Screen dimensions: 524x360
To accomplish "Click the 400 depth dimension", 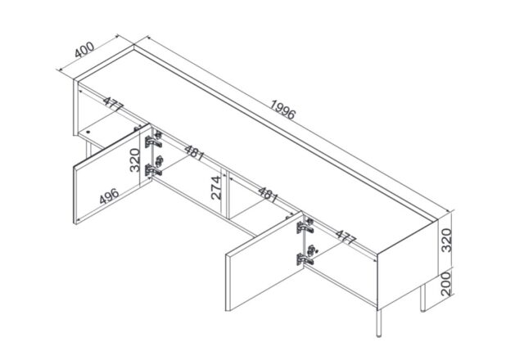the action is click(x=84, y=50).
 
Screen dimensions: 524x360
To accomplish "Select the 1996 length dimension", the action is click(x=282, y=110).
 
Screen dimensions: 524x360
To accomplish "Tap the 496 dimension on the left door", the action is click(x=109, y=196).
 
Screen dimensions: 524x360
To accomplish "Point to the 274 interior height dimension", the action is click(x=216, y=187).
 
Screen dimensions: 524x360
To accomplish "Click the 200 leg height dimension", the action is click(x=445, y=284).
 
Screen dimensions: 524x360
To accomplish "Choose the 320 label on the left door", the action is click(x=134, y=160).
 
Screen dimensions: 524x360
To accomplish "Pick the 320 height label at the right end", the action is click(x=446, y=241).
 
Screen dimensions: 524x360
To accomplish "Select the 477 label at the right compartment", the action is click(x=346, y=237).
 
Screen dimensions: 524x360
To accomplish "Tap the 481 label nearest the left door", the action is click(x=195, y=153).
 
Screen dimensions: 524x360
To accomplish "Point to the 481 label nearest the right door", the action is click(x=268, y=195).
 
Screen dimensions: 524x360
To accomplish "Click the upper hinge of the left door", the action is click(x=153, y=140).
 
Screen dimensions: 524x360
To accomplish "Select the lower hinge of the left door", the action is click(x=153, y=166).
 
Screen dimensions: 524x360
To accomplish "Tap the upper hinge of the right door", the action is click(x=305, y=226).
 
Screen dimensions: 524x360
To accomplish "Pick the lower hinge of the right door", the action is click(x=305, y=255).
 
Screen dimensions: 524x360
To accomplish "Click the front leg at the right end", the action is click(x=378, y=323).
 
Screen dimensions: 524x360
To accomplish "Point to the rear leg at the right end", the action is click(x=422, y=298).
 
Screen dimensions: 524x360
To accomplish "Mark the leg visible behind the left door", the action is click(x=88, y=149).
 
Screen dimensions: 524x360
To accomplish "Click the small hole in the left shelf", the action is click(x=88, y=132).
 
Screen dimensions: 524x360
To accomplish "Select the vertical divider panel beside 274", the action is click(x=224, y=194).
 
